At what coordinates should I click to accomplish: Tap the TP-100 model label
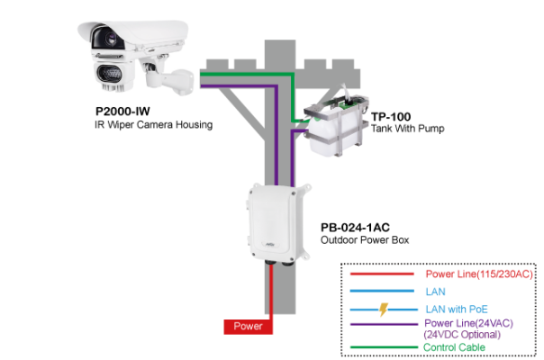tap(388, 117)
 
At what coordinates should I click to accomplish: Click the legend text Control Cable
tap(455, 347)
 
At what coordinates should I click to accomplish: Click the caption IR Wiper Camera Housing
tap(154, 125)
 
